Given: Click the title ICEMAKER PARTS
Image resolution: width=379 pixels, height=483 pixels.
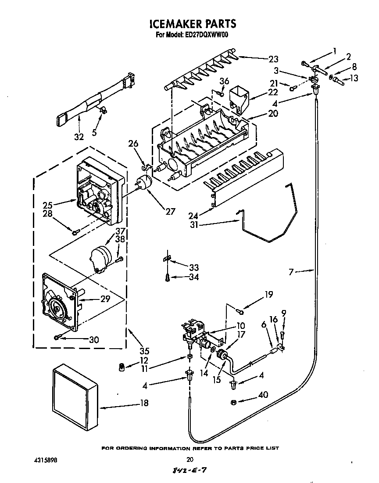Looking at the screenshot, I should click(x=190, y=24).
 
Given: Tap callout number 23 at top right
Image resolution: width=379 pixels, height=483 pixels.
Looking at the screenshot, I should click(x=273, y=58).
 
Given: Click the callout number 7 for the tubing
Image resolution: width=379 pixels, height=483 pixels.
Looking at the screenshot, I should click(x=291, y=273).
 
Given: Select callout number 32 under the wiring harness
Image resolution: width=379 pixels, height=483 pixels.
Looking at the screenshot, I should click(x=79, y=137).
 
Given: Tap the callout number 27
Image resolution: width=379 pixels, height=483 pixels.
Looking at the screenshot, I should click(x=170, y=211).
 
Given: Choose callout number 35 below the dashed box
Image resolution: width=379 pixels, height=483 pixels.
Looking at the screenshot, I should click(x=144, y=351).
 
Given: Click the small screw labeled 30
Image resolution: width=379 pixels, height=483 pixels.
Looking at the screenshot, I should click(x=57, y=337).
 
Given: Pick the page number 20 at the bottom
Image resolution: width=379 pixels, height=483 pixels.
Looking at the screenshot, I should click(x=189, y=460).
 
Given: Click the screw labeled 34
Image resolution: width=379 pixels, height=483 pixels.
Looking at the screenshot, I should click(x=167, y=277).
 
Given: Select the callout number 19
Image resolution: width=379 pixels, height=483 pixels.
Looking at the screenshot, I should click(x=268, y=294).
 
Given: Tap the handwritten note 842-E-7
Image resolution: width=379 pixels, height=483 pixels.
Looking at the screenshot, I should click(x=189, y=472).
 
